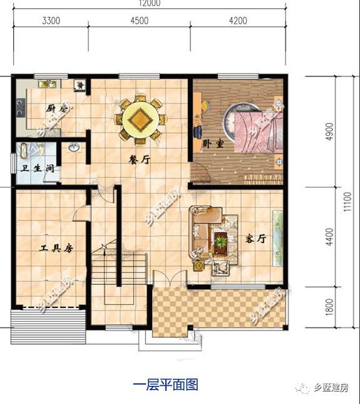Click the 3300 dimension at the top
[x=51, y=21]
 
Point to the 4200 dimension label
[x=238, y=21]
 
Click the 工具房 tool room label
[x=56, y=249]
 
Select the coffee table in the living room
[x=222, y=242]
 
